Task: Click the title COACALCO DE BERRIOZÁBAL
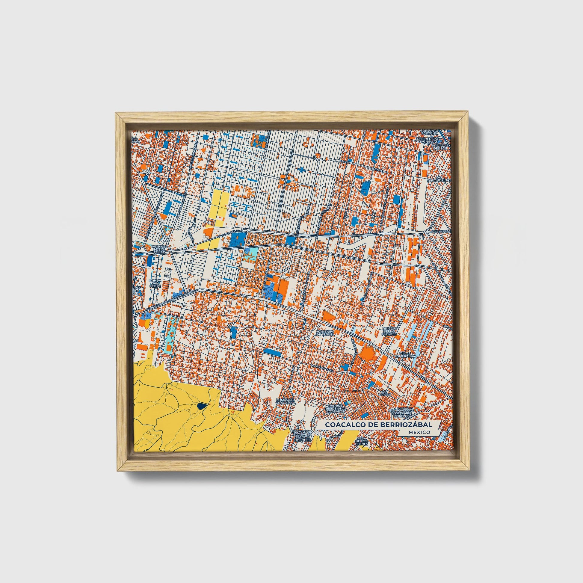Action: [x=378, y=425]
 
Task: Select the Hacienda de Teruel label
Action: [x=325, y=333]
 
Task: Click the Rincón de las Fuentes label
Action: [x=388, y=331]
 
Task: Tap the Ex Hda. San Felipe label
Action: [x=154, y=283]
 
